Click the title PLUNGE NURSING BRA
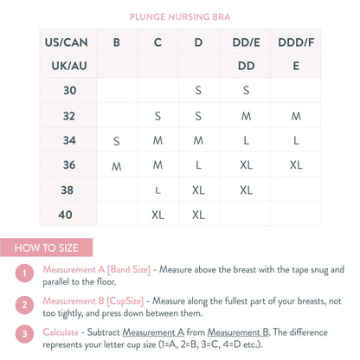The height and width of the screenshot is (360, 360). pyautogui.click(x=179, y=16)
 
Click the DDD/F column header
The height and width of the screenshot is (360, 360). pyautogui.click(x=296, y=41)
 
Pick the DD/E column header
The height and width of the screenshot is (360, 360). pyautogui.click(x=246, y=41)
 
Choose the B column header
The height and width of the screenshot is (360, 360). pyautogui.click(x=116, y=41)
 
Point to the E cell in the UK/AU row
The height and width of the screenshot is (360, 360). pyautogui.click(x=296, y=65)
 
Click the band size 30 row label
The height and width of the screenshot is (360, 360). pyautogui.click(x=70, y=89)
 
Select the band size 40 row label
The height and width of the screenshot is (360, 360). pyautogui.click(x=70, y=214)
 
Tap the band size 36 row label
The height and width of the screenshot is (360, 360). pyautogui.click(x=70, y=164)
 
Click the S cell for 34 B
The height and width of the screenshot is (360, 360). pyautogui.click(x=116, y=140)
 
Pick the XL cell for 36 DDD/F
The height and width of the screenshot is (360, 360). pyautogui.click(x=296, y=164)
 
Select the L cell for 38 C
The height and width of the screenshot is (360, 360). pyautogui.click(x=157, y=190)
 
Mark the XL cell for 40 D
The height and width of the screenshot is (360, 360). pyautogui.click(x=198, y=214)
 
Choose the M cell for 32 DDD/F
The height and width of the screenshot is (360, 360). pyautogui.click(x=296, y=115)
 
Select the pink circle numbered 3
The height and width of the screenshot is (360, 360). pyautogui.click(x=26, y=332)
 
